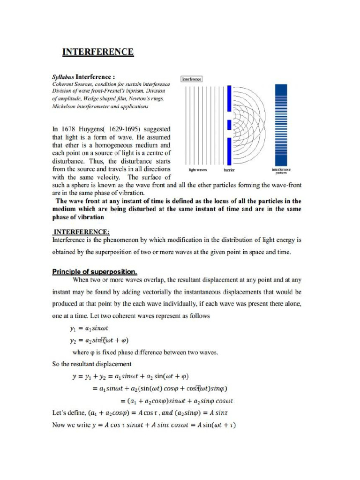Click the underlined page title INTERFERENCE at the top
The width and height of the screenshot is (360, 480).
(x=98, y=52)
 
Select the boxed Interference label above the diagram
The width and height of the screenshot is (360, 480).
(x=192, y=79)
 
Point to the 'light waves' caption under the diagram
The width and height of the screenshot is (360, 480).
(x=198, y=170)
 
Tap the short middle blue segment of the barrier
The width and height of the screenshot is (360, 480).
(x=229, y=125)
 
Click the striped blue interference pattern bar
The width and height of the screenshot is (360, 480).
(x=281, y=124)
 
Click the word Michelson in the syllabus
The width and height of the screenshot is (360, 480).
(x=67, y=106)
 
